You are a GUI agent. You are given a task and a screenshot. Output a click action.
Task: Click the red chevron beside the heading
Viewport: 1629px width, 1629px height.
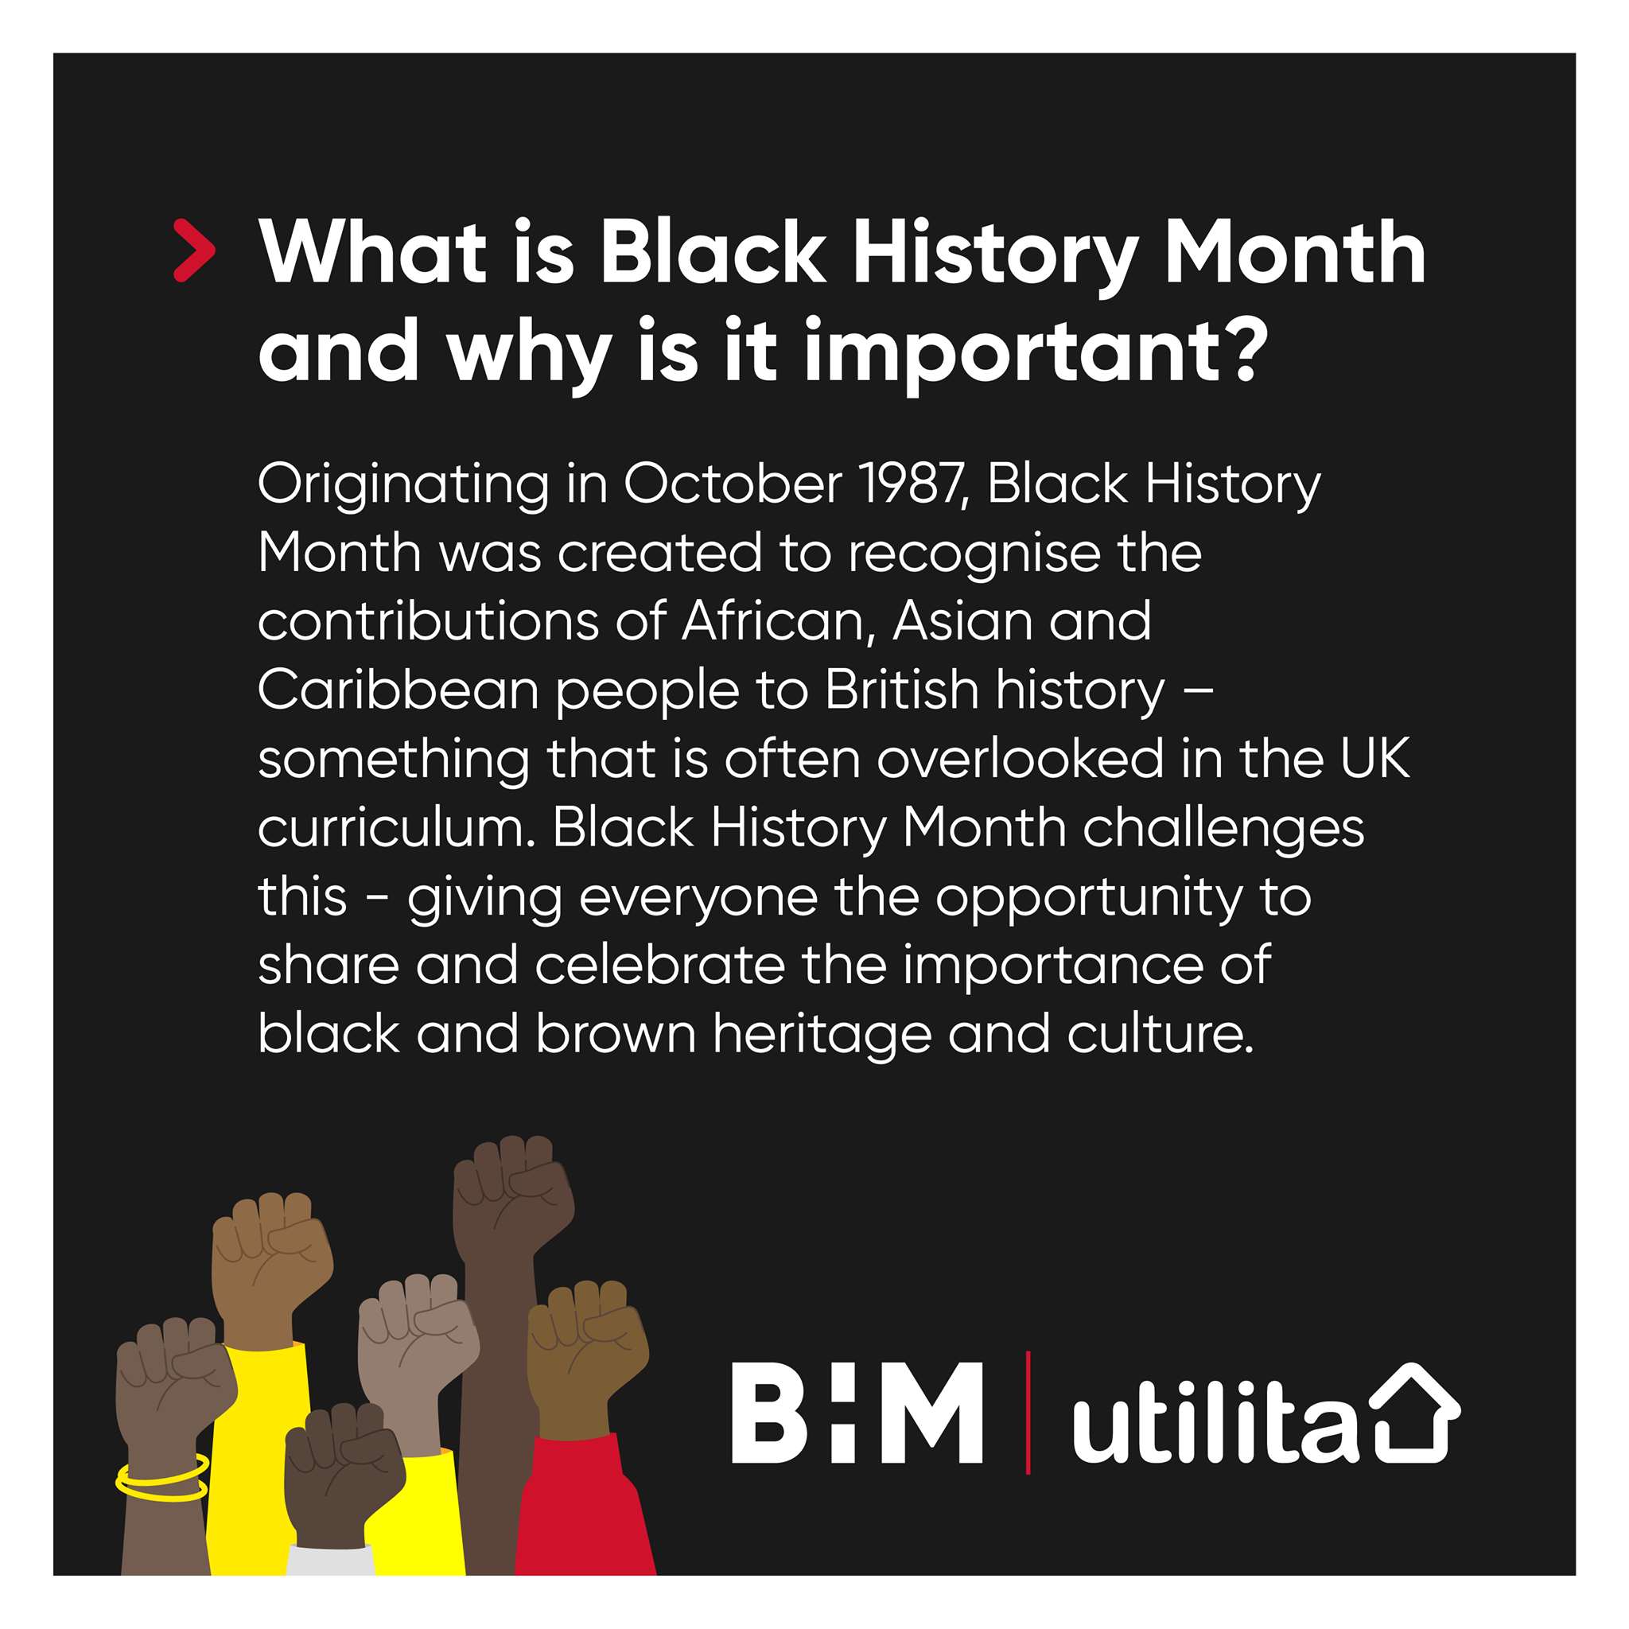[195, 251]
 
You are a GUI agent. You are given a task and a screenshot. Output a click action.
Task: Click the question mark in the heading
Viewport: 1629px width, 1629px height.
[1247, 348]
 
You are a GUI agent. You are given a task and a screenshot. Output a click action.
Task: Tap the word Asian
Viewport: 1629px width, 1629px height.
[962, 621]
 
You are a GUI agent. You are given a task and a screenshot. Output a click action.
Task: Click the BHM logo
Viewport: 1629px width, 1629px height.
[857, 1413]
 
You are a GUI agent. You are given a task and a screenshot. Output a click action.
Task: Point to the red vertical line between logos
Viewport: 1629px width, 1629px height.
[1028, 1413]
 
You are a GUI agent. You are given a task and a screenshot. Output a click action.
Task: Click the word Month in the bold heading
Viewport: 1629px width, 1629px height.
[1295, 253]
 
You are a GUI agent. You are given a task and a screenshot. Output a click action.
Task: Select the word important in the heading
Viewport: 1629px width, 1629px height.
[1009, 352]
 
